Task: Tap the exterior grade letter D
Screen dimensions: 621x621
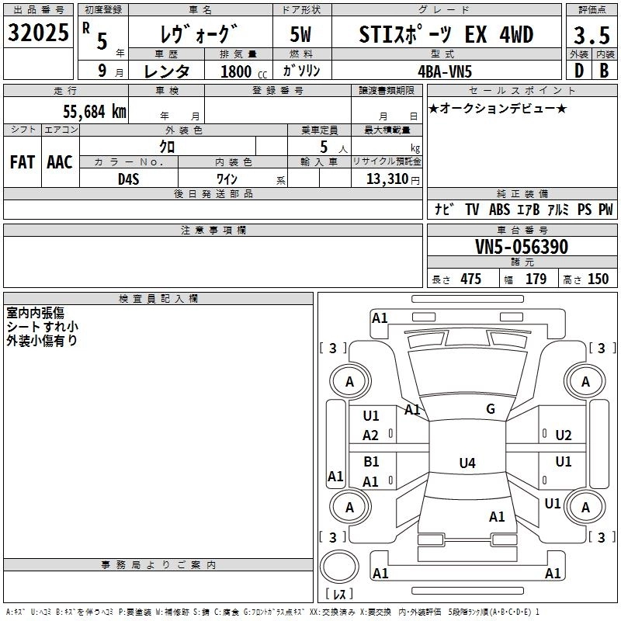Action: click(578, 69)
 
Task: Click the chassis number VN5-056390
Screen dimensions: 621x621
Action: click(521, 248)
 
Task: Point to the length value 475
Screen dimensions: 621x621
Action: click(470, 279)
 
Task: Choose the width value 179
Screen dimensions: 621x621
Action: click(536, 279)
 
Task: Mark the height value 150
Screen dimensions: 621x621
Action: click(598, 279)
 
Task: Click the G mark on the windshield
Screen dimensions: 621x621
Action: click(491, 409)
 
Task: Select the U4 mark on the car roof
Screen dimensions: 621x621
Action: click(467, 463)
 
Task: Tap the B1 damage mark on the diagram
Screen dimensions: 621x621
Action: click(371, 462)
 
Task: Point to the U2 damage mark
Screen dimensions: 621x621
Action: click(564, 435)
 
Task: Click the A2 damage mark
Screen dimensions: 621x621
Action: click(371, 435)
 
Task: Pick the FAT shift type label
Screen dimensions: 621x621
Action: click(23, 161)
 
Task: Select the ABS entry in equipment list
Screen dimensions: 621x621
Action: click(499, 210)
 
